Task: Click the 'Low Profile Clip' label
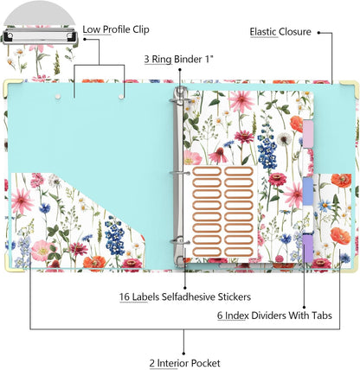coord(116,29)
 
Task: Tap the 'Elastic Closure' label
coord(280,32)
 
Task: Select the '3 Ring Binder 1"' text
coord(178,60)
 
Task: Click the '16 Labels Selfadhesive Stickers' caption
coord(185,297)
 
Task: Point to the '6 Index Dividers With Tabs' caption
coord(274,316)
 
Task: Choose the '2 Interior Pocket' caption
coord(184,363)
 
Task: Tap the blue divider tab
coord(308,191)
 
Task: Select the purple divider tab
coord(308,248)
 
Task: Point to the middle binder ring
coord(179,174)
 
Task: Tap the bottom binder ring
coord(179,241)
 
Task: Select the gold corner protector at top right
coord(352,86)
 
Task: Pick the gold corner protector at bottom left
coord(10,265)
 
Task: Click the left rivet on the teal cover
coord(58,97)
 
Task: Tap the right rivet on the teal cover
coord(121,97)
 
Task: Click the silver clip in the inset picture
coord(40,36)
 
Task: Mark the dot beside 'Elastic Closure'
coord(318,33)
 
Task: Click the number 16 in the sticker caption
coord(124,297)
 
